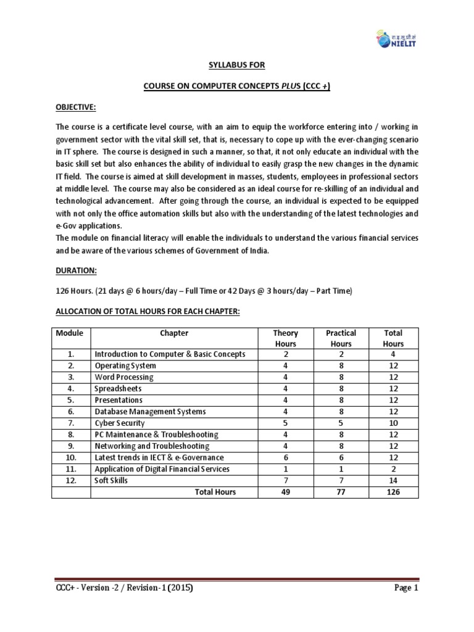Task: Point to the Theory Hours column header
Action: [x=285, y=338]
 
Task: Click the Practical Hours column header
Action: [x=341, y=338]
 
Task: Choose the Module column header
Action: [x=69, y=333]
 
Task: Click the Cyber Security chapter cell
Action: [x=120, y=423]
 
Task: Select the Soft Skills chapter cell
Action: [x=111, y=480]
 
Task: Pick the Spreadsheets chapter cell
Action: [x=118, y=389]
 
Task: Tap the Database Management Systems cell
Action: [x=150, y=412]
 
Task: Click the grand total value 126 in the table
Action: [x=393, y=492]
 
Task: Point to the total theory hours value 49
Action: [x=285, y=492]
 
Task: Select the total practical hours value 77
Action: [x=341, y=492]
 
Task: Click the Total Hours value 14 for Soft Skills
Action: [x=393, y=480]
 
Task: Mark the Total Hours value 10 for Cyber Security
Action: [x=393, y=423]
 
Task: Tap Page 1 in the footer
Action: [x=407, y=605]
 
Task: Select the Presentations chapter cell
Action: [x=118, y=400]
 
